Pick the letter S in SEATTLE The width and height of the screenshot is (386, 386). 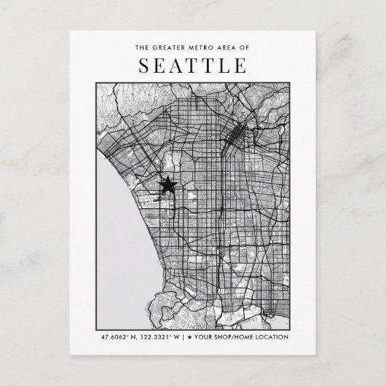[x=144, y=67]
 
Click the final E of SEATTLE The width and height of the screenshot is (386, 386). [x=240, y=67]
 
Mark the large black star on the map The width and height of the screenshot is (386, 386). [x=168, y=186]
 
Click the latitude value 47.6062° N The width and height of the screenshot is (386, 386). [x=119, y=336]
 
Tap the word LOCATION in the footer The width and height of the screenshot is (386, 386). [x=275, y=336]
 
